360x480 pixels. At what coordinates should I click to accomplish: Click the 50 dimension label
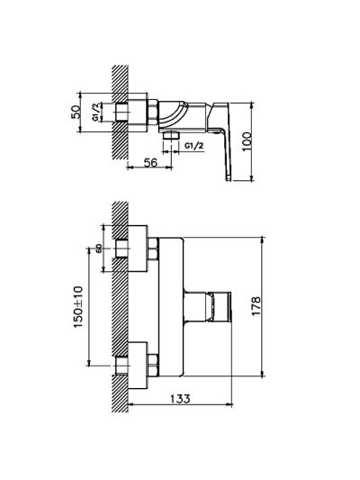(x=76, y=112)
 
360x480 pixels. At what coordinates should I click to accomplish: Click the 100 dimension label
(x=247, y=141)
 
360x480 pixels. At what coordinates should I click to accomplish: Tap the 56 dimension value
(x=150, y=162)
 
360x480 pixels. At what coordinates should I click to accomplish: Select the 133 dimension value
(x=181, y=398)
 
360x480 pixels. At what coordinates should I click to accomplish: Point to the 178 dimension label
(x=256, y=306)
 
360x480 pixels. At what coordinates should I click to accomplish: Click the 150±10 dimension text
(x=78, y=307)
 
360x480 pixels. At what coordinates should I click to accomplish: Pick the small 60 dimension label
(x=98, y=249)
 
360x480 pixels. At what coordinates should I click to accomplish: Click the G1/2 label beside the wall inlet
(x=96, y=113)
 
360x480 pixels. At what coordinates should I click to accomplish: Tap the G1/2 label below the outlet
(x=193, y=146)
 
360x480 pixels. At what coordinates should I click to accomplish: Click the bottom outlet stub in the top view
(x=171, y=136)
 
